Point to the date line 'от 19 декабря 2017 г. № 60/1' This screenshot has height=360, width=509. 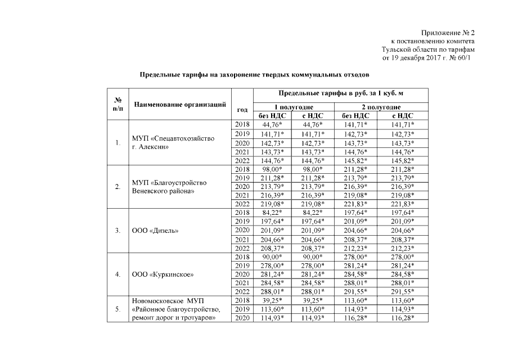429,57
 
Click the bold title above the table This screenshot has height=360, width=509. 255,74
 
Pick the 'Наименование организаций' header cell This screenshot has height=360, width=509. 179,104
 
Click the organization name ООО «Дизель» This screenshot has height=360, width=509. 156,230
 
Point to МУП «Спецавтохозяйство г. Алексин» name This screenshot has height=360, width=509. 173,142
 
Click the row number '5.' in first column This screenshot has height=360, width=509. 118,309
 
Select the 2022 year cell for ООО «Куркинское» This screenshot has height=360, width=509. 242,291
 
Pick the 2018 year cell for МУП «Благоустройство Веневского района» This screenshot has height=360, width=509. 242,169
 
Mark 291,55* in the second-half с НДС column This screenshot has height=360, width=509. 403,291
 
